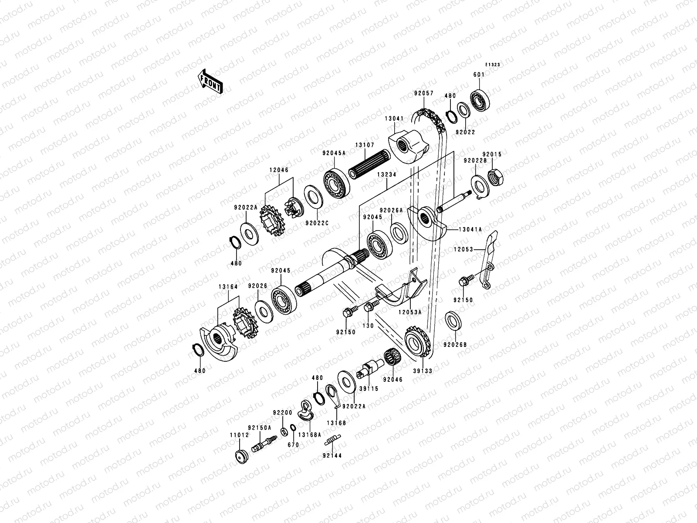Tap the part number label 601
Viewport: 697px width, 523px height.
[478, 75]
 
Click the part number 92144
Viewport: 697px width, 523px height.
[332, 455]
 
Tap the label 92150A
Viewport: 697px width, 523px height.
[260, 428]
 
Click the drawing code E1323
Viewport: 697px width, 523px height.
[493, 65]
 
